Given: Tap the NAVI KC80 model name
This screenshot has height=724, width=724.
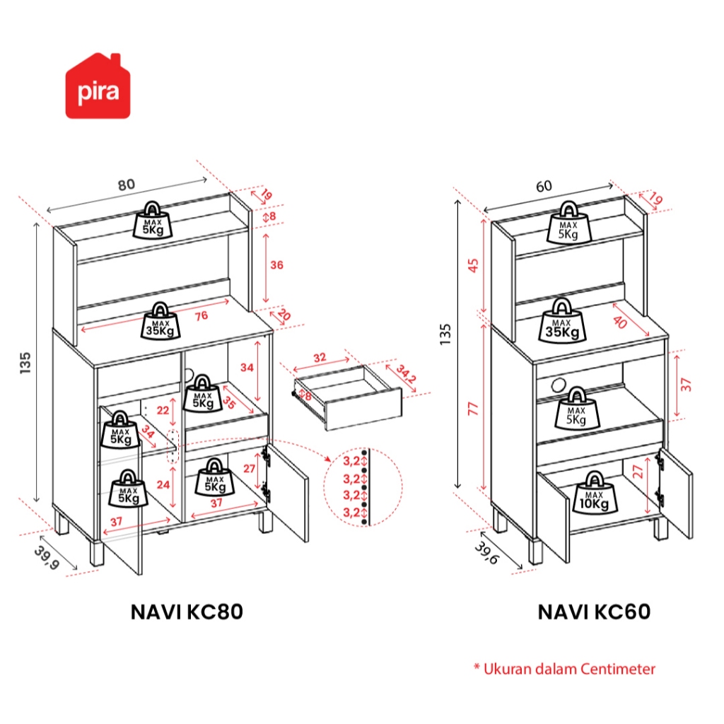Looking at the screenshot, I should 187,612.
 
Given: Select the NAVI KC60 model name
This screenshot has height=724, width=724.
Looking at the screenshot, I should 594,612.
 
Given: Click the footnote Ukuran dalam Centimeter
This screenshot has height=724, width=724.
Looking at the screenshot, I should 564,668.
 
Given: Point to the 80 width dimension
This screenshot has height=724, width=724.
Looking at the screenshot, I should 126,185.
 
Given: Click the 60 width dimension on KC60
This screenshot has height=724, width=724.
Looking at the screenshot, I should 544,186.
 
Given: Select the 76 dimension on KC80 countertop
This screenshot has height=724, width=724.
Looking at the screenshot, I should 201,315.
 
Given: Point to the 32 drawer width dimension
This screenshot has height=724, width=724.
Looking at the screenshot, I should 320,357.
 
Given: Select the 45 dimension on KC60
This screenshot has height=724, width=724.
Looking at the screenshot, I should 473,264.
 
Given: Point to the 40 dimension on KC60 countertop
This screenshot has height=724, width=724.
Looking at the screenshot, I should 619,322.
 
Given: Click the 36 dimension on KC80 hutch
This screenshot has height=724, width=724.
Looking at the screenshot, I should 276,265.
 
